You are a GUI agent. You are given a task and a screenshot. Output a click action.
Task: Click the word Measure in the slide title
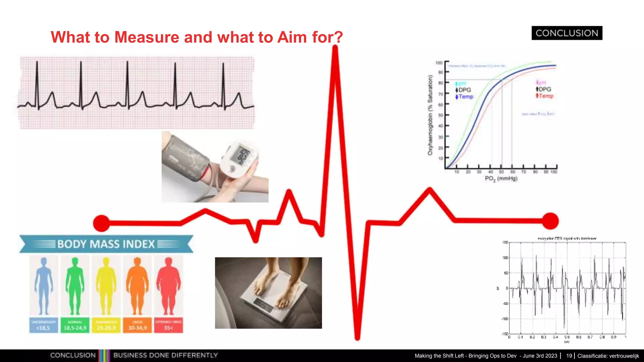[147, 37]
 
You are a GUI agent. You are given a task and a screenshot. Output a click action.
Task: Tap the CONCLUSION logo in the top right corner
[567, 33]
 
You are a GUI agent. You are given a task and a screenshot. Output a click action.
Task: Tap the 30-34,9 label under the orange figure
[137, 328]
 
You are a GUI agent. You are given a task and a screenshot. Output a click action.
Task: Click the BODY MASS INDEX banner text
[106, 244]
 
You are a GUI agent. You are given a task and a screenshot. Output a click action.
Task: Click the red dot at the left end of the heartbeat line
[102, 223]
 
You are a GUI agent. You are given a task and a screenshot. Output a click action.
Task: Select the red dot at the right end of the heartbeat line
[550, 221]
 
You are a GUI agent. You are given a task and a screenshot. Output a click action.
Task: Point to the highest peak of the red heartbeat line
[335, 49]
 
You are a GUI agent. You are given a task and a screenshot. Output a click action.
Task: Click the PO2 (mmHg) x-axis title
[501, 179]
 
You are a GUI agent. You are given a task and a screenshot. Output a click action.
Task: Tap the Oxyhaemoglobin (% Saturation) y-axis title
[430, 115]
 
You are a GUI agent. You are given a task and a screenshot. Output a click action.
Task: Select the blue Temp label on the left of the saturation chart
[466, 97]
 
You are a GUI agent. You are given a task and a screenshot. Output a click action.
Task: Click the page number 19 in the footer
[569, 356]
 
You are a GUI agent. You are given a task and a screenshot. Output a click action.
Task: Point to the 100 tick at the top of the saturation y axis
[439, 63]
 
